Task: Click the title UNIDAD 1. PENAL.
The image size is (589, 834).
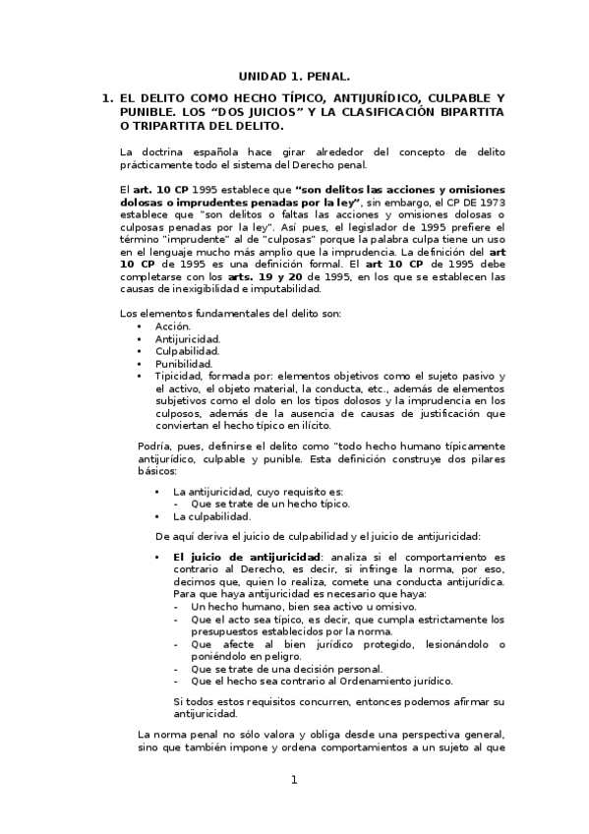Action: (x=294, y=75)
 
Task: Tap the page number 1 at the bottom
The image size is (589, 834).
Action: (x=293, y=780)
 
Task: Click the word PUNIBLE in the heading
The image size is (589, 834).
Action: (x=148, y=112)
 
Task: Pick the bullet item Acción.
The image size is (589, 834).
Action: (x=173, y=326)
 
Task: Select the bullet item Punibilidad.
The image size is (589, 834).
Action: (x=183, y=363)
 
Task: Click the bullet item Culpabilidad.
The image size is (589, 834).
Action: (x=187, y=350)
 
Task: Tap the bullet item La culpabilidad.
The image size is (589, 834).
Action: (x=211, y=515)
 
